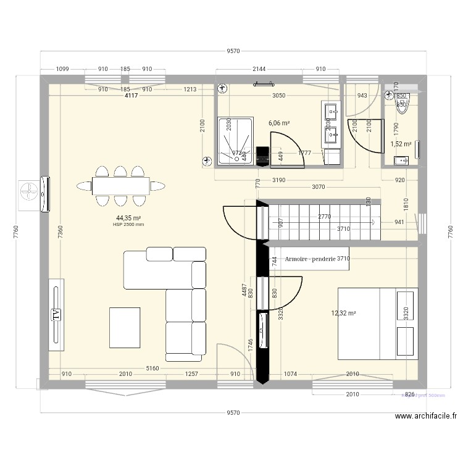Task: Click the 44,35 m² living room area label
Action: click(x=128, y=218)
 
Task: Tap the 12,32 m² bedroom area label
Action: click(x=344, y=313)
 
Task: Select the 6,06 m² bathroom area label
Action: click(x=279, y=123)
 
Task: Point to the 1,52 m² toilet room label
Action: click(x=401, y=144)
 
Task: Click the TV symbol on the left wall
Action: click(x=56, y=314)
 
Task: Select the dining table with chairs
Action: click(x=121, y=185)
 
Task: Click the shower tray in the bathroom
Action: click(x=234, y=142)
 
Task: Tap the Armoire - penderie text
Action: click(x=311, y=259)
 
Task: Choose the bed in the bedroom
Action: click(x=377, y=323)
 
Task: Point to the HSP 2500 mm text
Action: click(x=128, y=225)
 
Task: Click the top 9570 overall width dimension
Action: click(x=233, y=52)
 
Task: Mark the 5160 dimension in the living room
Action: click(x=152, y=369)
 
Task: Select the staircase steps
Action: click(x=321, y=219)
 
